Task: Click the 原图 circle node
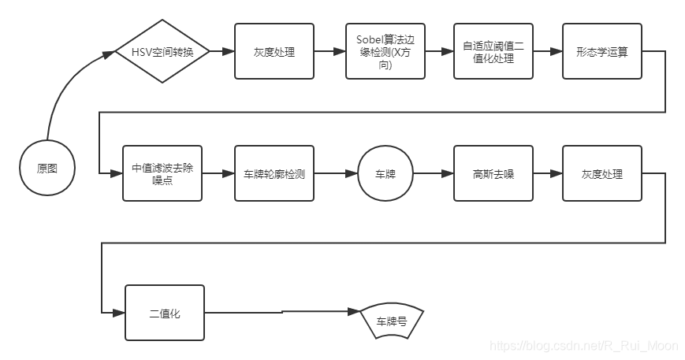point(47,168)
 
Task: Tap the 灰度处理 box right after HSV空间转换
point(274,52)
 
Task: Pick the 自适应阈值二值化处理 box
point(493,52)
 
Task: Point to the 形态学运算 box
point(601,52)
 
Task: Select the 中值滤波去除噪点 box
point(162,173)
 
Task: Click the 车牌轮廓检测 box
point(274,173)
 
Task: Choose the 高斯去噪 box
point(493,173)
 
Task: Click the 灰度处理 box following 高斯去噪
point(601,173)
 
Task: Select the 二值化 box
point(165,313)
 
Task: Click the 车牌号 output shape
point(393,321)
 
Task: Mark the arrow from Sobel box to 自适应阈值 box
point(439,52)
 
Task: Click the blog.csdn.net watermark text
point(583,346)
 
